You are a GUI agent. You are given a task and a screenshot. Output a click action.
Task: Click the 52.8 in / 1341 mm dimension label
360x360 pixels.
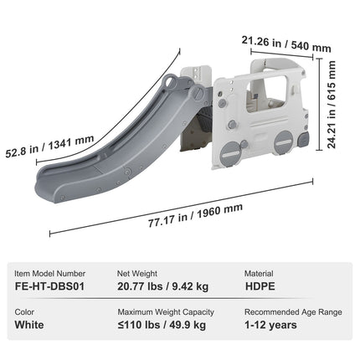coord(49,147)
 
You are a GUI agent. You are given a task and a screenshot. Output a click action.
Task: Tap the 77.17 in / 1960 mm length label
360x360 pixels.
coord(195,215)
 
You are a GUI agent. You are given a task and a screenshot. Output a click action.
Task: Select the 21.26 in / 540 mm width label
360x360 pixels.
coord(286,44)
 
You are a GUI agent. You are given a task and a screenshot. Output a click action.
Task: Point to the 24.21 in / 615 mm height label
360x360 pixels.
coord(332,105)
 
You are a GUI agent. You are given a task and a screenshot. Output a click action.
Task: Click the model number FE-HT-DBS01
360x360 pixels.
coord(49,286)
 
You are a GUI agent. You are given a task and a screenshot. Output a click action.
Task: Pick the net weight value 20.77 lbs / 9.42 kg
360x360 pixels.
coord(162,286)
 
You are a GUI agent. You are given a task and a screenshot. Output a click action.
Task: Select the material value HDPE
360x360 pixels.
coord(260,286)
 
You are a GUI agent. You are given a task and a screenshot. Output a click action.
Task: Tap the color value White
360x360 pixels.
coord(29,325)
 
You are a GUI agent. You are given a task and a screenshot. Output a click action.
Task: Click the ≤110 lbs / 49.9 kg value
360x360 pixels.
coord(162,325)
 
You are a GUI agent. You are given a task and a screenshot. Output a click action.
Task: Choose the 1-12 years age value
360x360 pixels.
coord(270,325)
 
